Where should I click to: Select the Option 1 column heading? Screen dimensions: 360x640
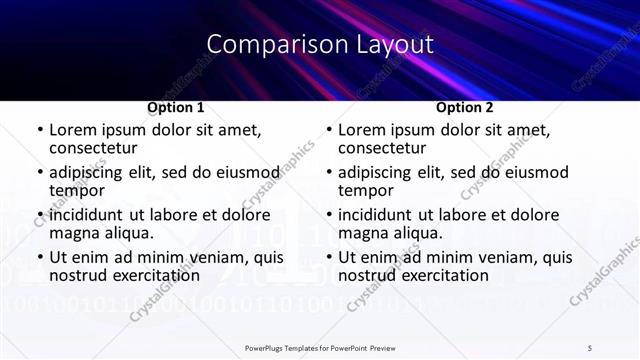coord(176,107)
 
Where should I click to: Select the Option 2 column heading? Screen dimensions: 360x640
coord(464,107)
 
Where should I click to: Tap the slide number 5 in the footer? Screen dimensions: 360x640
coord(590,347)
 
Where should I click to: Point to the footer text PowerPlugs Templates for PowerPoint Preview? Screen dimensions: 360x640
coord(320,347)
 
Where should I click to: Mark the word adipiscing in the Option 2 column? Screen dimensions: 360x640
coord(377,172)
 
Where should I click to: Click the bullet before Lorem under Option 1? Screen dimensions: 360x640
coord(39,130)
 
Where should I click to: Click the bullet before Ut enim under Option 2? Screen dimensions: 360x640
coord(328,258)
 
